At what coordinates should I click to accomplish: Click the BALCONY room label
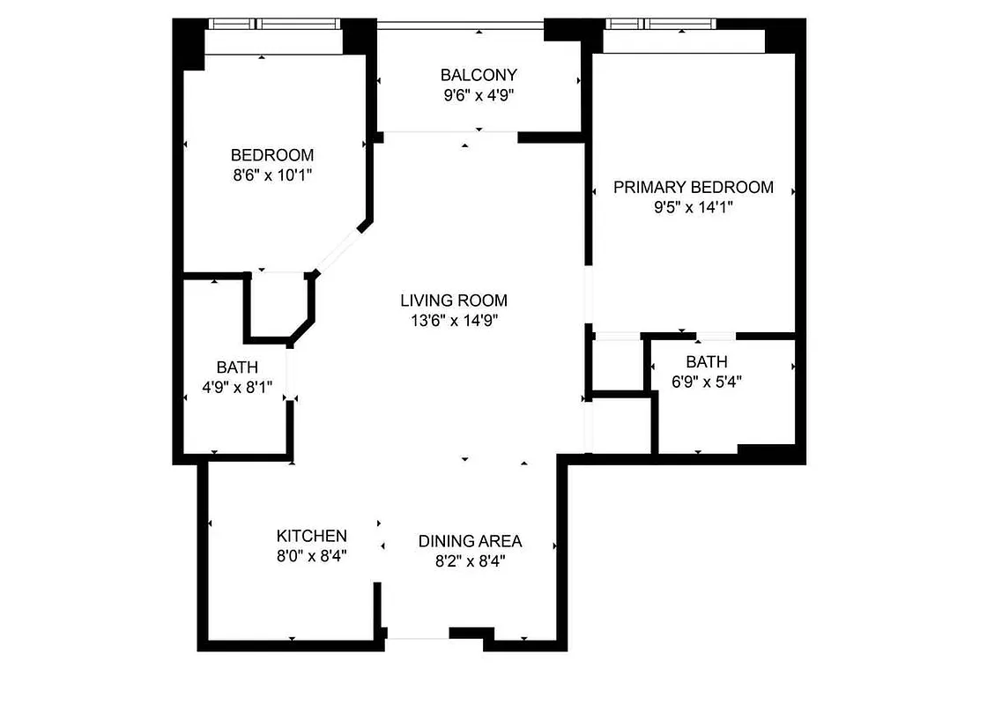click(479, 75)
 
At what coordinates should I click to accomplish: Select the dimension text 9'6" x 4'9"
click(479, 95)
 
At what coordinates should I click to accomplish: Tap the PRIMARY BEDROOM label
click(694, 187)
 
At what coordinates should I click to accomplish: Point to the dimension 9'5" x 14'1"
click(694, 207)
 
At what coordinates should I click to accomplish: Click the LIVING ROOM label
click(454, 301)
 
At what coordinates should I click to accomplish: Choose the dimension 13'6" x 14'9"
click(454, 321)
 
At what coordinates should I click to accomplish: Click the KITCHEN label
click(312, 536)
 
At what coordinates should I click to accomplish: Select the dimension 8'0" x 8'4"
click(312, 556)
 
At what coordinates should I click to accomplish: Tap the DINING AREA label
click(470, 541)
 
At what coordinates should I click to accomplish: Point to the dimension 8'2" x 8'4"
click(470, 561)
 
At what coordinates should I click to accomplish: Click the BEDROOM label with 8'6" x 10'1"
click(272, 155)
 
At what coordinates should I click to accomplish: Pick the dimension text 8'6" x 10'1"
click(272, 175)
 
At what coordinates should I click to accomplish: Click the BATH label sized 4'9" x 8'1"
click(237, 367)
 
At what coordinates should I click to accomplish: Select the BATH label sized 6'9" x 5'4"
click(707, 361)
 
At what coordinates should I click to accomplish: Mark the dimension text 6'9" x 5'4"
click(707, 382)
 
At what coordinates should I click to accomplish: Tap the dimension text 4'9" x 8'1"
click(237, 387)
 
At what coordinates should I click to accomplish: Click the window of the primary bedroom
click(683, 24)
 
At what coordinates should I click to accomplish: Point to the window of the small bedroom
click(273, 24)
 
